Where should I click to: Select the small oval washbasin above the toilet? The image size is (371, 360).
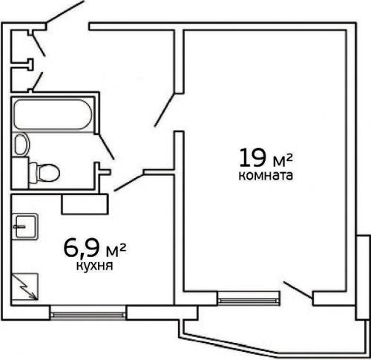[21, 143]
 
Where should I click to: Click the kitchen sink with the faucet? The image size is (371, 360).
[25, 225]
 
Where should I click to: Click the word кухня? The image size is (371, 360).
[94, 264]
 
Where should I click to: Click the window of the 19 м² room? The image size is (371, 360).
[249, 300]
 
